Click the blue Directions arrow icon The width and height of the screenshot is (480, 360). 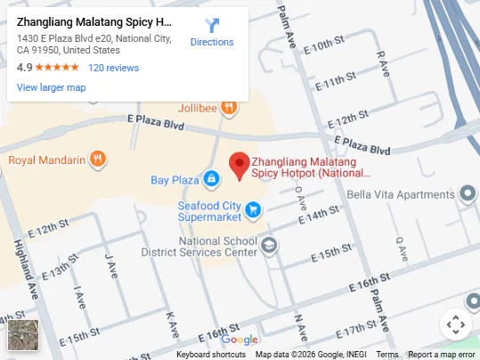coord(212,26)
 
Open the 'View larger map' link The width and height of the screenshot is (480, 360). coord(51,87)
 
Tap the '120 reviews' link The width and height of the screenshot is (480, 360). coord(113,68)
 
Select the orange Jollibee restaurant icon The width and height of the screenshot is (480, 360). coord(230,108)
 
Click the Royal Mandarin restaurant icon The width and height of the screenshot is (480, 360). coord(98,160)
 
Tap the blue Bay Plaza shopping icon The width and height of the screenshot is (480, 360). coord(211,180)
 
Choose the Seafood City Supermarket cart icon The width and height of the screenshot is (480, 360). coord(254,209)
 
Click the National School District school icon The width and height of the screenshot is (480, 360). coord(269,246)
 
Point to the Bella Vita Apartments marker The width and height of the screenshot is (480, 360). coord(468,194)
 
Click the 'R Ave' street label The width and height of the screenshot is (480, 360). coord(381,61)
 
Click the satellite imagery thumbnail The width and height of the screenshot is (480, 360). coord(23,334)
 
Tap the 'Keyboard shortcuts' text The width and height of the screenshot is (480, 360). coord(211,355)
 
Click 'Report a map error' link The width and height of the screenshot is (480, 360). coord(442,355)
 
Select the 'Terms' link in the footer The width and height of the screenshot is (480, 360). coord(387,355)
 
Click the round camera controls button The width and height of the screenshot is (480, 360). coord(454,324)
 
